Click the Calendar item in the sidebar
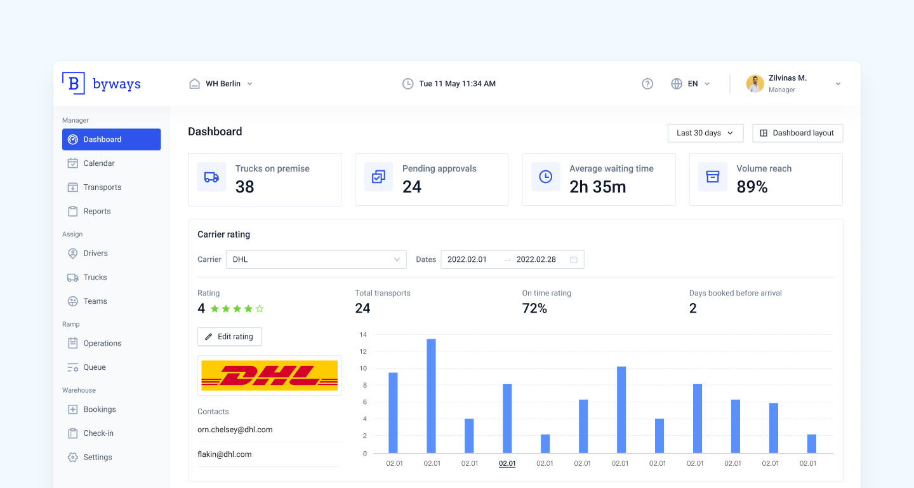point(99,163)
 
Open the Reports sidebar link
point(97,211)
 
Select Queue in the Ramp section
point(95,367)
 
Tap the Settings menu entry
point(97,457)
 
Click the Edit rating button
point(230,337)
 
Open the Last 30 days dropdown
point(705,133)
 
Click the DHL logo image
point(269,376)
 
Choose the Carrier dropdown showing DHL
point(316,259)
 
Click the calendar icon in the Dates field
point(574,259)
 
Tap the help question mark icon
point(647,84)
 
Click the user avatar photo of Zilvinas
point(755,84)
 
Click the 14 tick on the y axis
point(363,335)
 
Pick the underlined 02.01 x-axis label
point(507,463)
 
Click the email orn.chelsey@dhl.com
point(235,430)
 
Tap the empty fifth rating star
point(260,309)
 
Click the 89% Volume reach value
point(752,187)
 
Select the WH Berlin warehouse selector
point(221,84)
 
